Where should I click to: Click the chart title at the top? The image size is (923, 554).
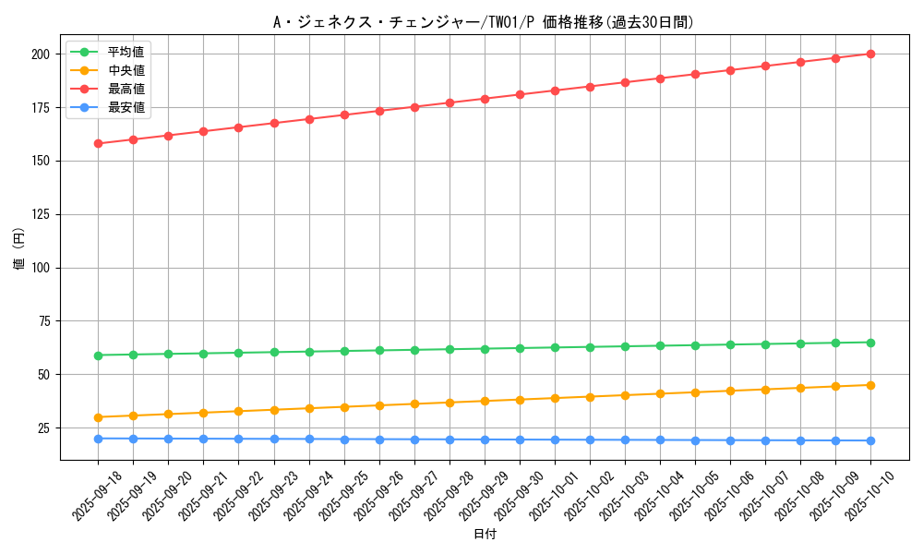pyautogui.click(x=484, y=22)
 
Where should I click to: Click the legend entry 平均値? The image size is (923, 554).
pyautogui.click(x=126, y=52)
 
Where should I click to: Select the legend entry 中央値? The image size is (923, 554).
pyautogui.click(x=126, y=70)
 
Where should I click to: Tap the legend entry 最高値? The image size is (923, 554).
pyautogui.click(x=126, y=89)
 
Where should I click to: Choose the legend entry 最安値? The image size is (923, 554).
pyautogui.click(x=126, y=107)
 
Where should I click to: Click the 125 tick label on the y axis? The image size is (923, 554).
pyautogui.click(x=42, y=214)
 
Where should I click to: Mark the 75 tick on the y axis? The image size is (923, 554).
pyautogui.click(x=46, y=321)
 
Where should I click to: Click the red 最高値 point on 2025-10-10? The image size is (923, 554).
pyautogui.click(x=870, y=54)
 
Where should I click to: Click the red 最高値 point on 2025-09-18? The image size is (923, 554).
pyautogui.click(x=98, y=143)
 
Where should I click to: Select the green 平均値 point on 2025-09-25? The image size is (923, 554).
pyautogui.click(x=344, y=351)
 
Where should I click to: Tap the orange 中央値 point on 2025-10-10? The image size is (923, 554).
pyautogui.click(x=870, y=385)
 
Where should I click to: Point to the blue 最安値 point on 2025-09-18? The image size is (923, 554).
pyautogui.click(x=98, y=439)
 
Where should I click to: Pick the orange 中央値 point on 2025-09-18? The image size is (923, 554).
pyautogui.click(x=98, y=417)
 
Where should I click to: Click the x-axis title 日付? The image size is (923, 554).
pyautogui.click(x=485, y=535)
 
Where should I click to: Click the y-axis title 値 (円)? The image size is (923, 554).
pyautogui.click(x=19, y=250)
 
